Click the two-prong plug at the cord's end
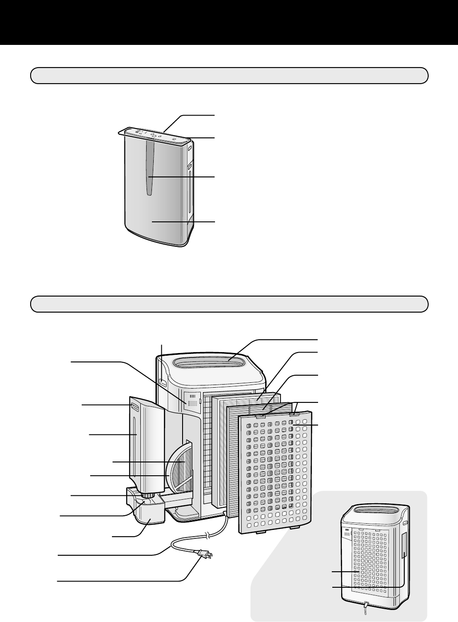tap(205, 554)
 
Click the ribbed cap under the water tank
tap(148, 495)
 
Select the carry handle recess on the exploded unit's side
tap(163, 381)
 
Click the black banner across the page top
tap(229, 22)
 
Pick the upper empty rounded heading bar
tap(229, 76)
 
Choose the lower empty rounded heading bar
tap(229, 304)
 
